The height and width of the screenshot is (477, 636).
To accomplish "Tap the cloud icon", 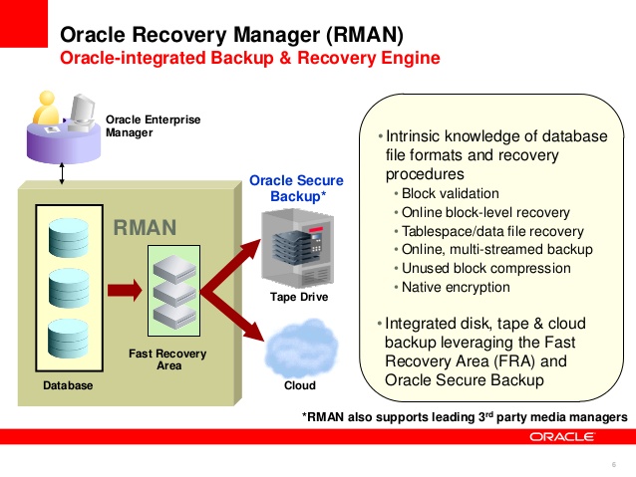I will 300,349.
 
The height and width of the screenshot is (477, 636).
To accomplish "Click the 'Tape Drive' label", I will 299,297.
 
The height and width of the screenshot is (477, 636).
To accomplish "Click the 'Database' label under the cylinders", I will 67,385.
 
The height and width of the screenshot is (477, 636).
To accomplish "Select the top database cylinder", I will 67,237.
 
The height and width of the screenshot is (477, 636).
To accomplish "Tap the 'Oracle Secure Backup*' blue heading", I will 296,188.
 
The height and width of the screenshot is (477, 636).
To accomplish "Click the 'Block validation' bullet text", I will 450,193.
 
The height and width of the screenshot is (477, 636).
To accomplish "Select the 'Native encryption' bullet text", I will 455,287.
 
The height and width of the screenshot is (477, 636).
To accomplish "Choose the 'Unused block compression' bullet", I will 485,268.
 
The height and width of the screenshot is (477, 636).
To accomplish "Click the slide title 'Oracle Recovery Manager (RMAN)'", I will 231,35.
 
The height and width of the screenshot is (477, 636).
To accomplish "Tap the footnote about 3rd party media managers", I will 465,415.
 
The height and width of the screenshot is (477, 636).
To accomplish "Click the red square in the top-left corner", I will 23,23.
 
